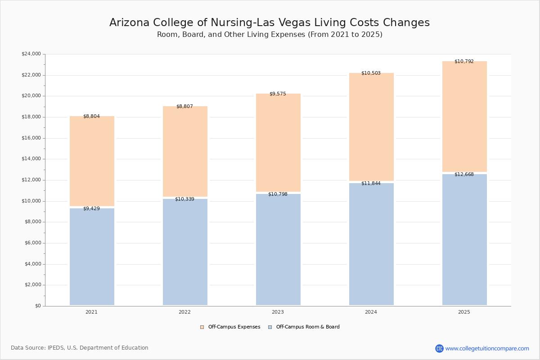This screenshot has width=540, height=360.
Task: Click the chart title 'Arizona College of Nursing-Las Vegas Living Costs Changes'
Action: coord(270,22)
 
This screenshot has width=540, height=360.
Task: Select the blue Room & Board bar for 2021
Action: coord(92,257)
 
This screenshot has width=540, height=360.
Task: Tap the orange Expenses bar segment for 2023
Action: coord(278,143)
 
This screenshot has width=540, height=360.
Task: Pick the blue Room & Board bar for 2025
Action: coord(464,240)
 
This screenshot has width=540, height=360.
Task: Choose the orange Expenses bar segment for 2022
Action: coord(185,152)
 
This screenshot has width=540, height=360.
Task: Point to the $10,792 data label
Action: coord(464,62)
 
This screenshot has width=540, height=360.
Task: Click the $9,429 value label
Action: coord(91,208)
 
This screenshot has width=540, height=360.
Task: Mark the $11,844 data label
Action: coord(371,184)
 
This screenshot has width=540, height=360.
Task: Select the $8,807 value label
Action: coord(184,106)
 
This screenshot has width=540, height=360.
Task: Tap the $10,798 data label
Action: coord(278,194)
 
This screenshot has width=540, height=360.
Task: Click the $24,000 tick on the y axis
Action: coord(31,54)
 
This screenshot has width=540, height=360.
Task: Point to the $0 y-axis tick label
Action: coord(38,306)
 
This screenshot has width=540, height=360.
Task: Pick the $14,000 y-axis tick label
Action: coord(31,159)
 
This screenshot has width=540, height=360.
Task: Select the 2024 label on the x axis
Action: coord(371,312)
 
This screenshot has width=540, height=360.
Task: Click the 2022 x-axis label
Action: coord(184,312)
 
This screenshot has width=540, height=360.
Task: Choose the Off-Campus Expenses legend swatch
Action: coord(202,327)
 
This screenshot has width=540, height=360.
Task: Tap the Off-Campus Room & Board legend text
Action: coord(308,327)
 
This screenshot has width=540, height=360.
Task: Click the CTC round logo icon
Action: coord(439,348)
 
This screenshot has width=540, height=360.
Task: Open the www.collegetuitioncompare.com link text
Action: coord(487,348)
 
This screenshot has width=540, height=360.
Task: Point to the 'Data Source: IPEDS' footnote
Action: coord(80,348)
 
